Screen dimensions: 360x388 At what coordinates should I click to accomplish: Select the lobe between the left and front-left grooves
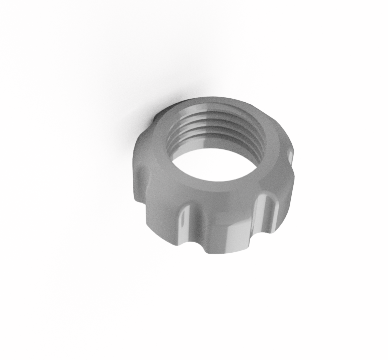[160, 211]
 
